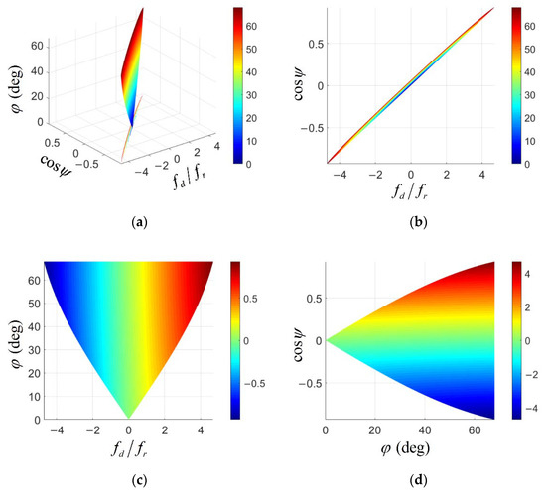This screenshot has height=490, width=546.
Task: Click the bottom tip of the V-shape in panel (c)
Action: coord(128,418)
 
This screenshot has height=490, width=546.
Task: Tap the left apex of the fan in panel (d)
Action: coord(326,340)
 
